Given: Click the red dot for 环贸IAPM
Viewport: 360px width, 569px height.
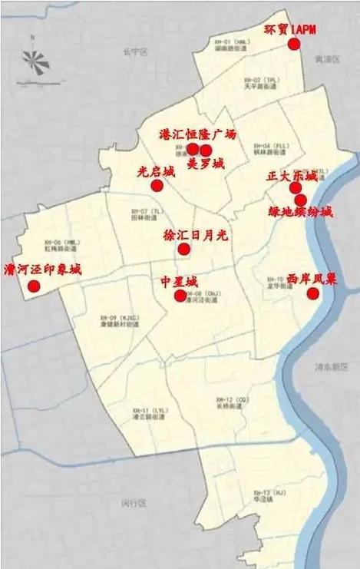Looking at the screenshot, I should click(x=293, y=45).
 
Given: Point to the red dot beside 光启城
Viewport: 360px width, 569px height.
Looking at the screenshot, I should click(x=157, y=185).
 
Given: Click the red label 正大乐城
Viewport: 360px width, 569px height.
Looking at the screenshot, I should click(x=292, y=176).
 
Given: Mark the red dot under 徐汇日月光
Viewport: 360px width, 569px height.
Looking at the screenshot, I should click(x=183, y=249).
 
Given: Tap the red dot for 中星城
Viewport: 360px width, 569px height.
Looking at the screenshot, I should click(x=180, y=296).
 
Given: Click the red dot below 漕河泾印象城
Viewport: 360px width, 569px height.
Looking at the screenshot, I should click(x=34, y=286).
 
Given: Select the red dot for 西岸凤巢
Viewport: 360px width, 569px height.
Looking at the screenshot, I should click(x=312, y=293).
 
